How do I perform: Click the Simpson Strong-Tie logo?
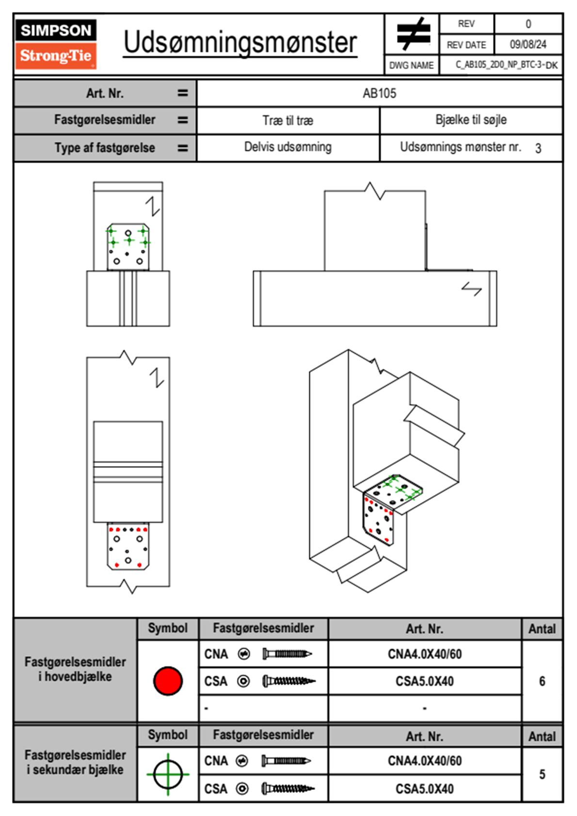(56, 44)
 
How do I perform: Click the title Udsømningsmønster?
(240, 43)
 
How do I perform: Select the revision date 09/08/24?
(528, 45)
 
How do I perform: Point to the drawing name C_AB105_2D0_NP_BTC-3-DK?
(506, 65)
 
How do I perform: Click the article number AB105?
(379, 93)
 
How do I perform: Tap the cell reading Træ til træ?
(288, 120)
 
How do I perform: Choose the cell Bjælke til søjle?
(471, 120)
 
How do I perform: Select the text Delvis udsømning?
(288, 147)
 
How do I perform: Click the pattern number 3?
(538, 148)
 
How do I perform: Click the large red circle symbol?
(168, 681)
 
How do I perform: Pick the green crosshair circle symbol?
(168, 774)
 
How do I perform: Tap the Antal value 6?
(542, 681)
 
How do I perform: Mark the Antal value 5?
(542, 774)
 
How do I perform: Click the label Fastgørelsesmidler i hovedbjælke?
(75, 669)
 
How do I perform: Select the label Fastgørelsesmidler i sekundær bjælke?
(75, 762)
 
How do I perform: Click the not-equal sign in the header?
(413, 34)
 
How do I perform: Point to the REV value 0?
(528, 24)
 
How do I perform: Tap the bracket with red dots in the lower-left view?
(128, 546)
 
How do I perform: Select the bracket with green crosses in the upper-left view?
(128, 246)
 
